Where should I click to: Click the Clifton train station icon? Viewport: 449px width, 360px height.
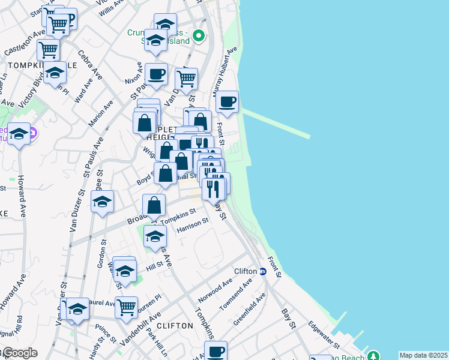262,271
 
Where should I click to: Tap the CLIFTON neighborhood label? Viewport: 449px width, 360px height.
175,326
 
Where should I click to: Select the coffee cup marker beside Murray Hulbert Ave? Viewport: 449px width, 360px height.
227,103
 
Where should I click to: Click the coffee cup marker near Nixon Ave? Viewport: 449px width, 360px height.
156,74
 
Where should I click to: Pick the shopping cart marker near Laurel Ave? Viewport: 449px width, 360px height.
126,307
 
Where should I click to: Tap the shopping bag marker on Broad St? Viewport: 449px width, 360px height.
154,205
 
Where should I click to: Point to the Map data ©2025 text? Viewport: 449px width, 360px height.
423,355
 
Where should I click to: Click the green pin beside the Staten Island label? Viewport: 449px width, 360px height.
201,37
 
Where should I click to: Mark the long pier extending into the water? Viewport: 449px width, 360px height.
276,123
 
